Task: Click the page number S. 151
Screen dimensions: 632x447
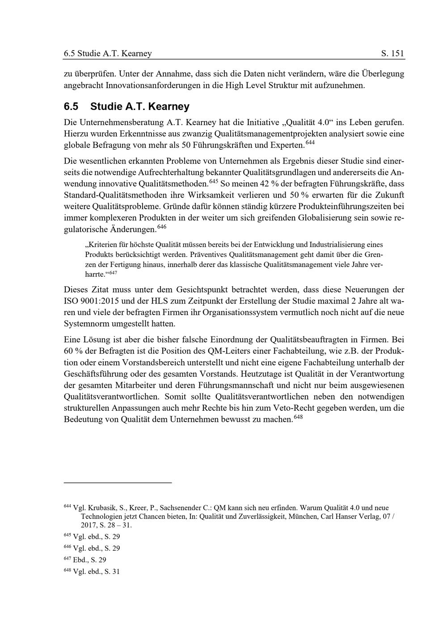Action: (x=392, y=54)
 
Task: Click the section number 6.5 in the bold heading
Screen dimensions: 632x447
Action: (x=71, y=107)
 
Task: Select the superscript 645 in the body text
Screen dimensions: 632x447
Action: (x=213, y=181)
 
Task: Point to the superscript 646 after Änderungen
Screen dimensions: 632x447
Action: (x=162, y=227)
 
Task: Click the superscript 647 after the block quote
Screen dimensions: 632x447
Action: (x=113, y=272)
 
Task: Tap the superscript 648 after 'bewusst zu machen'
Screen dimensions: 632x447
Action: (x=299, y=417)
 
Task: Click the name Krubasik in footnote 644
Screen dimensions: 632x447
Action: (x=103, y=508)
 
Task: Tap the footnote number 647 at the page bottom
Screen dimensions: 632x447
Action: (x=67, y=559)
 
